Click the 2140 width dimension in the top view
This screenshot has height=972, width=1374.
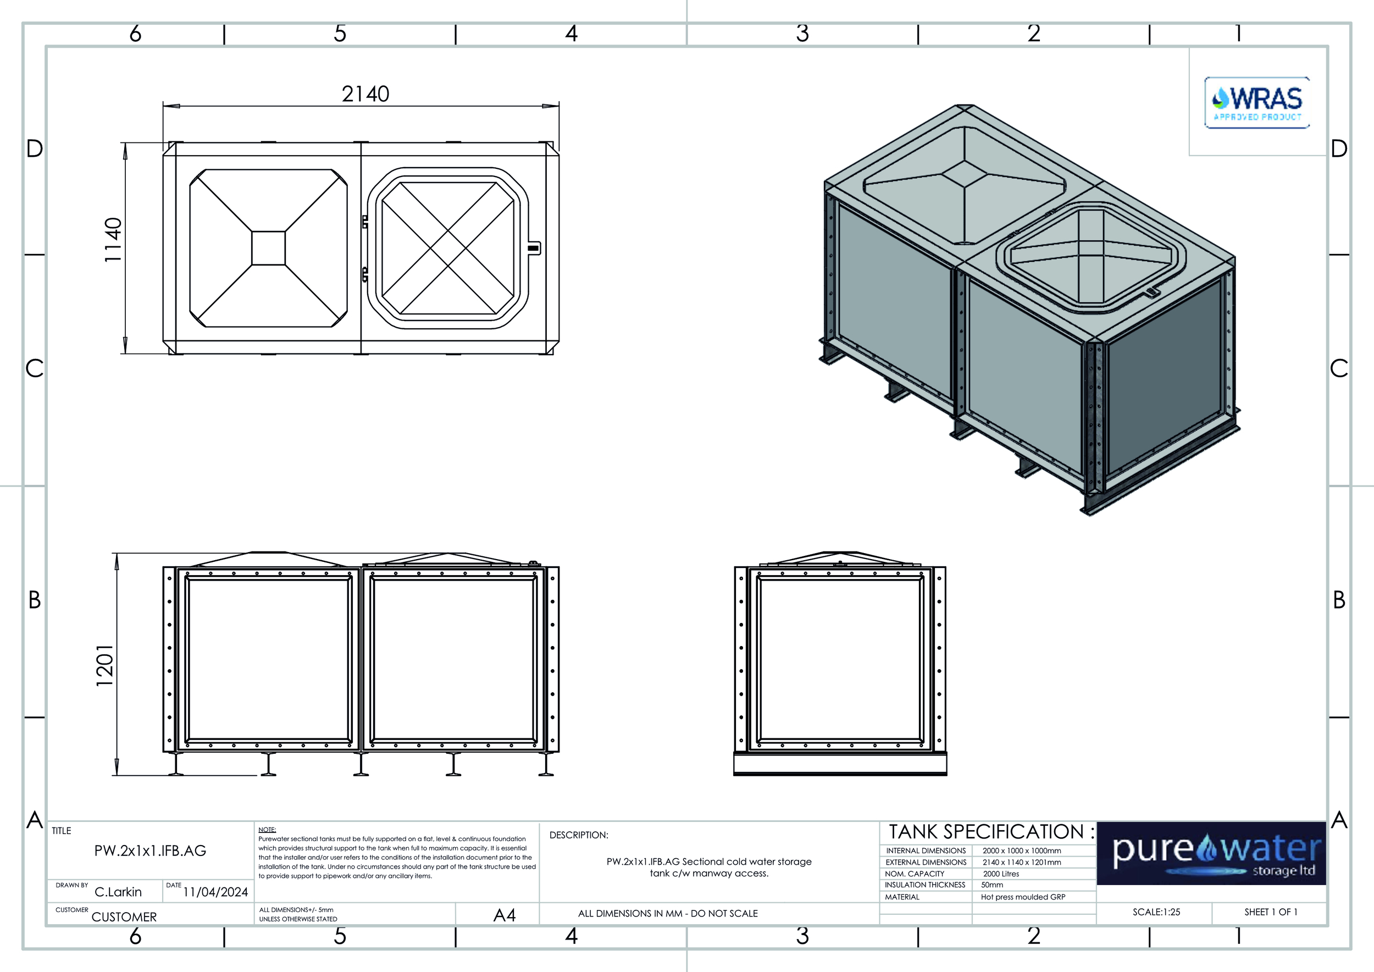click(365, 94)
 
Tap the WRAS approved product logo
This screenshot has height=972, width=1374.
click(1257, 102)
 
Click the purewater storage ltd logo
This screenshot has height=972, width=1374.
click(1211, 853)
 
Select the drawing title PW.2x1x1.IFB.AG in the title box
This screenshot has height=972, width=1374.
click(150, 851)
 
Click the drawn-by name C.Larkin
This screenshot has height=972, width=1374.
click(118, 892)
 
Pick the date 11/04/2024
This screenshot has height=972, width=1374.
click(215, 892)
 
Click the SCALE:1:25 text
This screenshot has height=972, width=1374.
click(1156, 912)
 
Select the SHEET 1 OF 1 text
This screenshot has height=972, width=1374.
click(1271, 912)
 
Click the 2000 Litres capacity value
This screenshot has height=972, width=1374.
click(1001, 874)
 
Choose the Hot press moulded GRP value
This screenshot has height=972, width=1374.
click(1023, 897)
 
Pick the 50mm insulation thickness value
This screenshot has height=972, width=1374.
click(992, 885)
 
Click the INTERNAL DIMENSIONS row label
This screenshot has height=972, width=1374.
click(926, 851)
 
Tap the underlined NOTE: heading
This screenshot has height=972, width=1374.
click(267, 830)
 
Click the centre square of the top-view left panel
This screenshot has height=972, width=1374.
click(269, 248)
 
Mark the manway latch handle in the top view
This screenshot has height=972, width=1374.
click(533, 248)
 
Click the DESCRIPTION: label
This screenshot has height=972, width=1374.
click(579, 835)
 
